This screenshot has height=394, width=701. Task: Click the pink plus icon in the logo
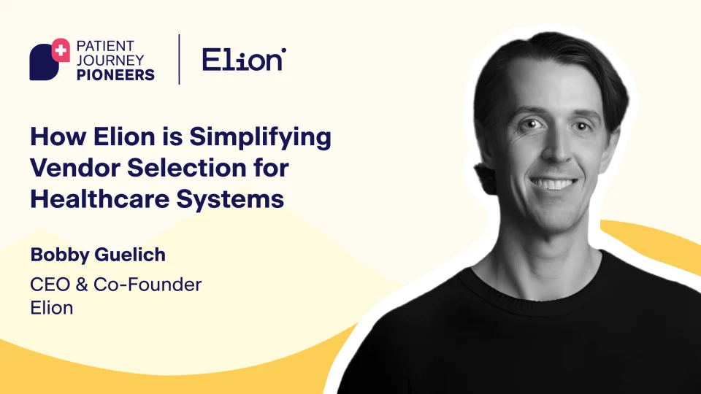[61, 50]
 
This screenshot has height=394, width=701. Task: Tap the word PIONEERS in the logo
[115, 74]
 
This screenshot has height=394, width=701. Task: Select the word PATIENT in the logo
[105, 46]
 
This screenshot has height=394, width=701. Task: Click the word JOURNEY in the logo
[110, 61]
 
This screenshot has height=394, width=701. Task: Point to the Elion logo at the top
[244, 59]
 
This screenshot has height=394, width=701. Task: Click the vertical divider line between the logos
[180, 59]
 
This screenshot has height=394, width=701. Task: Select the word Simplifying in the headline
[260, 138]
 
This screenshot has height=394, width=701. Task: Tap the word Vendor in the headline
[75, 168]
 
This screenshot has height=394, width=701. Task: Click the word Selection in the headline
[186, 168]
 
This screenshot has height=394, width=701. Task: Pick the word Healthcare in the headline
[100, 198]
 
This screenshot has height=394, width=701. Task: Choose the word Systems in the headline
[230, 200]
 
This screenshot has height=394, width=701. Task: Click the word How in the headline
[58, 136]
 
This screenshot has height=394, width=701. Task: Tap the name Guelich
[130, 255]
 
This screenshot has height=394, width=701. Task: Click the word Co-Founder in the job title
[148, 285]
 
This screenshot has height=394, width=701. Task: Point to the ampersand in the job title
[82, 285]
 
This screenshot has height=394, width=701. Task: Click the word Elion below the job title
[51, 308]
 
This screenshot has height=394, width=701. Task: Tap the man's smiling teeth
[553, 184]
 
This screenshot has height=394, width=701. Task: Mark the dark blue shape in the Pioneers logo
[44, 63]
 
